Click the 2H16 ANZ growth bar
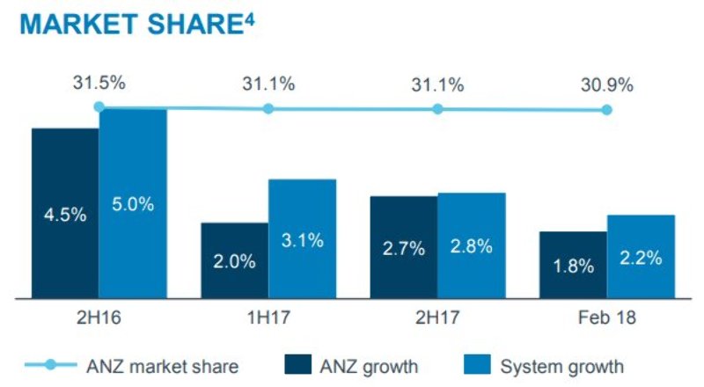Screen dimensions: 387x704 tap(65, 214)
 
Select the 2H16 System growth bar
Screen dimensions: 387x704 tap(133, 204)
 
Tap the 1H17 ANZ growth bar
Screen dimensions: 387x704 tap(234, 260)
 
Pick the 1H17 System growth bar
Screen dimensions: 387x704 tap(302, 238)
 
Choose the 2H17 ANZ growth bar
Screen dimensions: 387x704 tap(404, 247)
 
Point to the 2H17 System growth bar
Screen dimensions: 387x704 tap(472, 245)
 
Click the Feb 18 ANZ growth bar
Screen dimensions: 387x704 tap(573, 265)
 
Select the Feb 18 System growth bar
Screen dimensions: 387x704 tap(641, 257)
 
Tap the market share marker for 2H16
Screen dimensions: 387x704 tap(99, 107)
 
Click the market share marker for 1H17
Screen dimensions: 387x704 tap(268, 109)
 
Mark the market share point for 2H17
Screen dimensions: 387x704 tap(437, 109)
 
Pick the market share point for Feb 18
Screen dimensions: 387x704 tap(606, 110)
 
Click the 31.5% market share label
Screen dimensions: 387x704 tap(99, 84)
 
